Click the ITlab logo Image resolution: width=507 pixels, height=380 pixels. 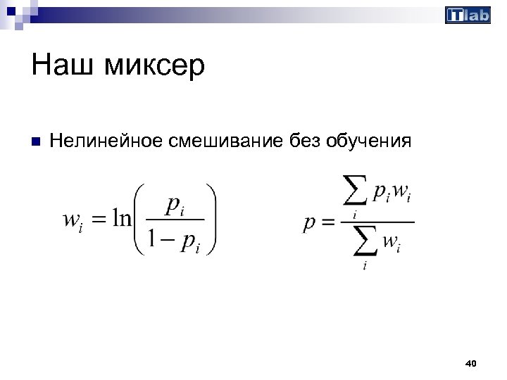468,15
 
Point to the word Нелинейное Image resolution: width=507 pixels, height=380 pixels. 106,141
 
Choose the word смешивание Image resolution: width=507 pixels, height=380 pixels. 226,141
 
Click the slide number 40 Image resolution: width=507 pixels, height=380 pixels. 471,363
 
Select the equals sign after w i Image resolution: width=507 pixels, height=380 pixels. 99,220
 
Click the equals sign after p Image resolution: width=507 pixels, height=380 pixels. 327,224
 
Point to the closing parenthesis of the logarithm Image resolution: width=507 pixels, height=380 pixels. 210,219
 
